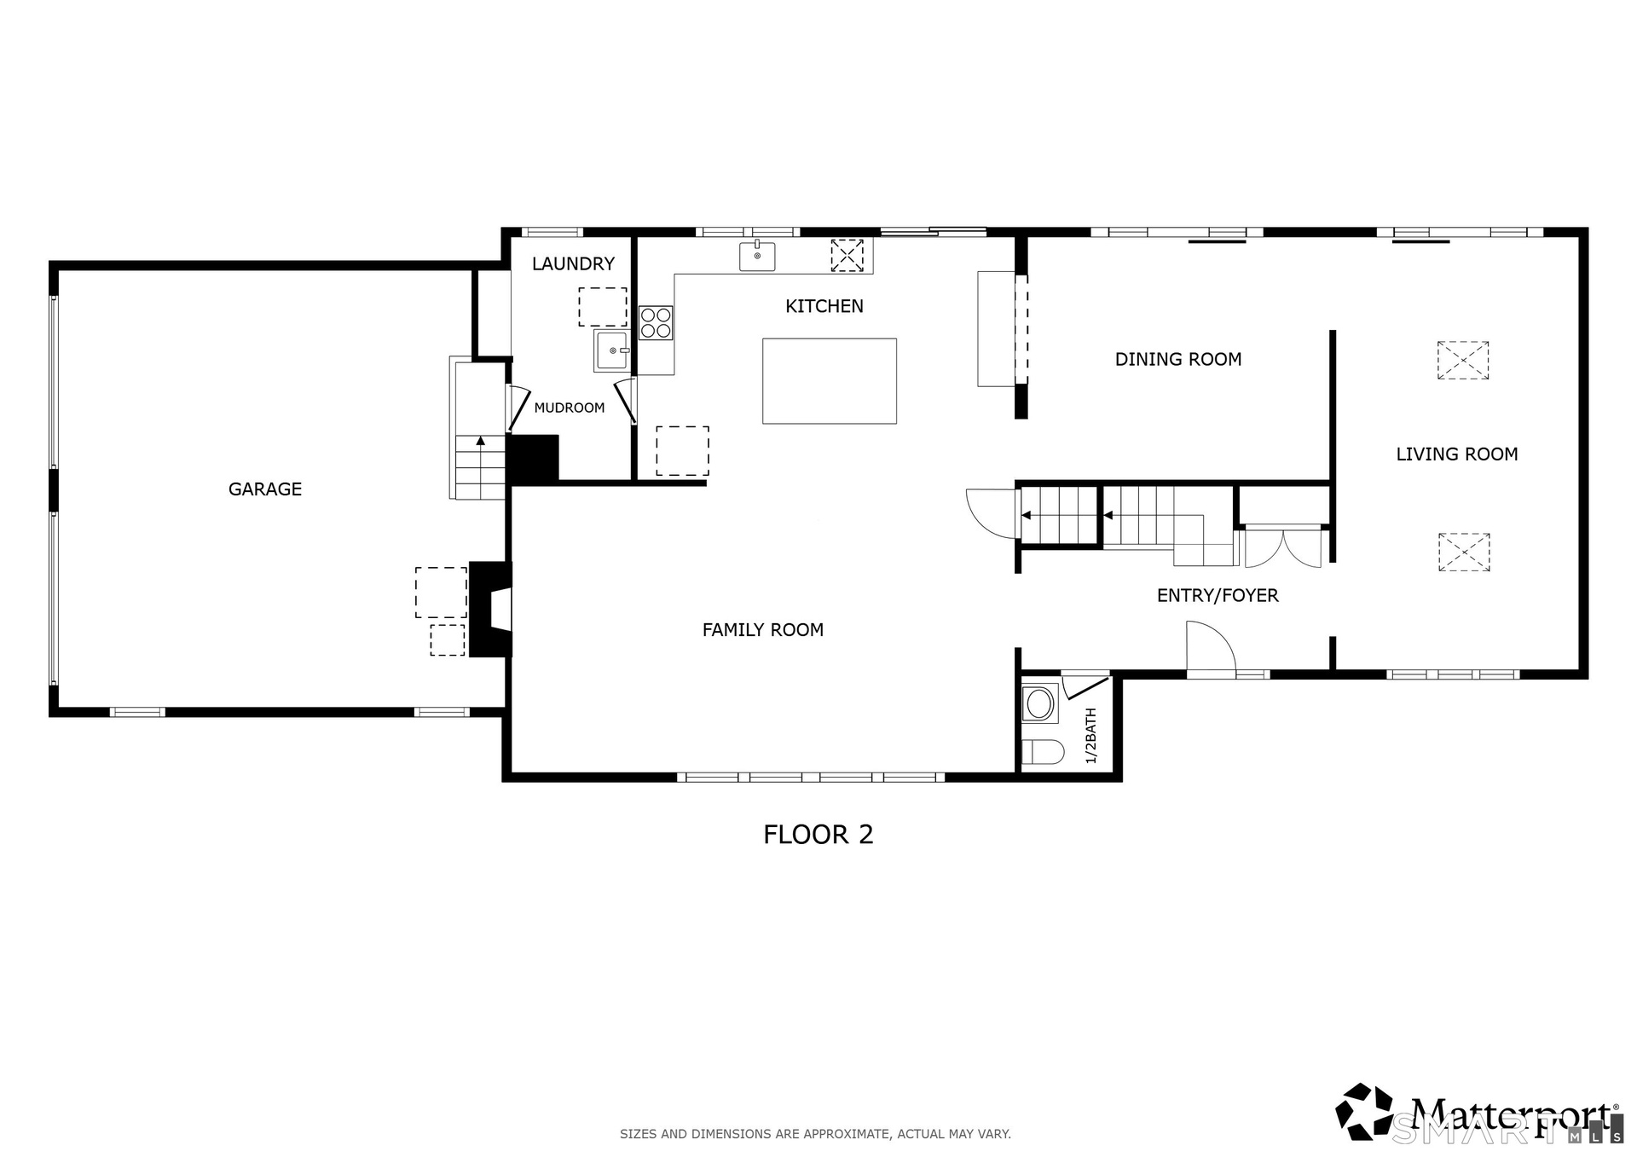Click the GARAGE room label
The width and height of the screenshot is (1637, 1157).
(265, 489)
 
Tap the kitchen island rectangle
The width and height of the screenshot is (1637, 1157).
(830, 381)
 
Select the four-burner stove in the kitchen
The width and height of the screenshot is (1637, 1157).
(656, 323)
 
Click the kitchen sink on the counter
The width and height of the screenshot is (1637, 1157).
(757, 256)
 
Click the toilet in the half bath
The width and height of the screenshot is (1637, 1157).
(1043, 752)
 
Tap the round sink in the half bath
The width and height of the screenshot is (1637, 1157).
(1040, 703)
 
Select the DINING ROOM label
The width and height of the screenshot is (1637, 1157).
(1178, 360)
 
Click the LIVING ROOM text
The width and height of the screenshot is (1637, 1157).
(1457, 454)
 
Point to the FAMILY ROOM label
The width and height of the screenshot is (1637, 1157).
(763, 630)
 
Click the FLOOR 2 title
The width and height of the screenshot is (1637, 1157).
(818, 835)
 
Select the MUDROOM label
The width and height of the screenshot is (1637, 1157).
(570, 408)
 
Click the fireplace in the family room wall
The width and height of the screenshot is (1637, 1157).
(491, 609)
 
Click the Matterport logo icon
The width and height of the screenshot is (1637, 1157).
(1364, 1111)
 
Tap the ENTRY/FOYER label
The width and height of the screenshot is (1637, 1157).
(1218, 596)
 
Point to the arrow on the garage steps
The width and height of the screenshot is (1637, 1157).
(481, 441)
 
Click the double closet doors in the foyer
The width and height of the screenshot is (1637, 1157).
(1283, 548)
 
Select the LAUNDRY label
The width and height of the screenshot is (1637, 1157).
(573, 264)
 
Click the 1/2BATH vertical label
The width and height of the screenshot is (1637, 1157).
(1090, 736)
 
